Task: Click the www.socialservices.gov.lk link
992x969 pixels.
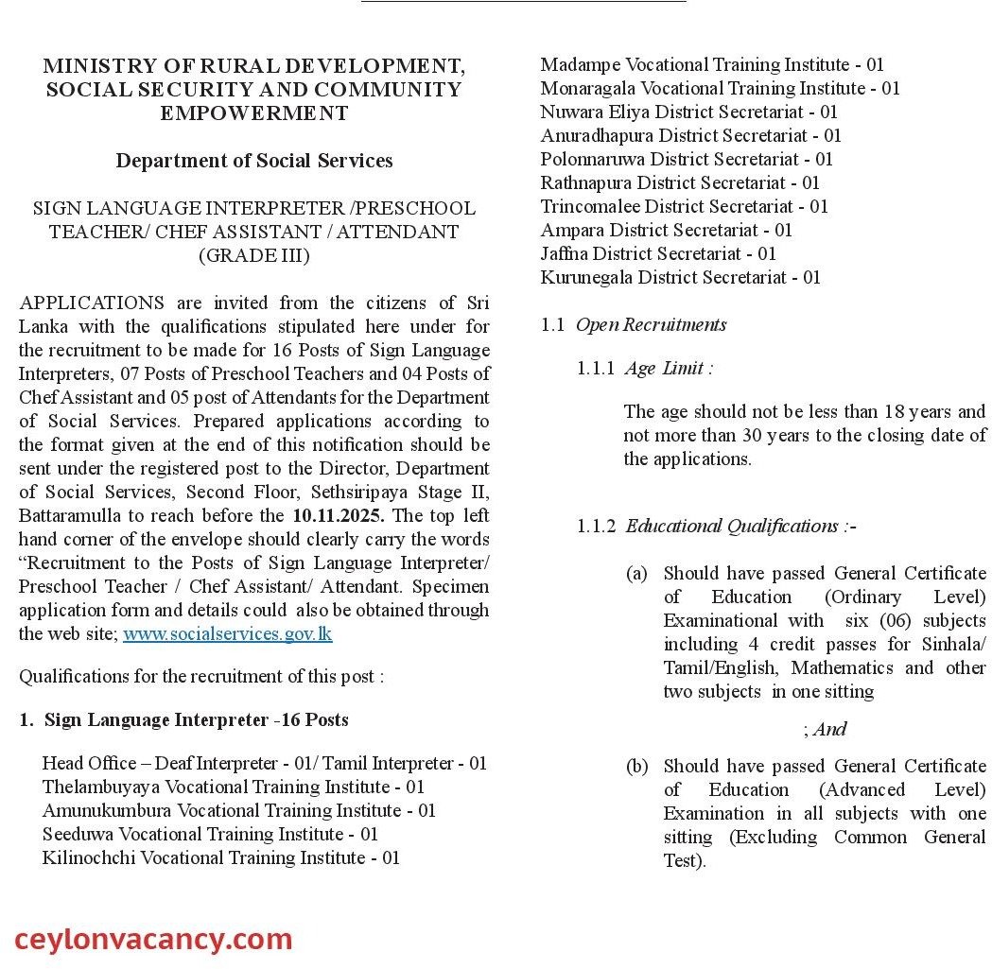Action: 227,633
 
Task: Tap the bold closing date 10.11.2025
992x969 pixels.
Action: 338,515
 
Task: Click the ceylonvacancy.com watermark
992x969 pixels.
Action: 153,939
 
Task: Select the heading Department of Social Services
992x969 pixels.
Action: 253,161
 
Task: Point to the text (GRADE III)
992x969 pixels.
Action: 253,255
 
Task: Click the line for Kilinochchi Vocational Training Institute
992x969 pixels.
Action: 220,857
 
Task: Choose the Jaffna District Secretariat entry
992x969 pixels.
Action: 658,253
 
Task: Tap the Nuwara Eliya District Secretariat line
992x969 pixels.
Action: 689,112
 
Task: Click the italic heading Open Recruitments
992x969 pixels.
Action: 651,324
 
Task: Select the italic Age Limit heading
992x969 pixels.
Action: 668,368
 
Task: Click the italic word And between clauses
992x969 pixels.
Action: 828,729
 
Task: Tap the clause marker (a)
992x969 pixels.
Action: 636,573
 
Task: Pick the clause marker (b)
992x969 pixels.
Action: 636,766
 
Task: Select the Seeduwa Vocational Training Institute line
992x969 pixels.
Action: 210,834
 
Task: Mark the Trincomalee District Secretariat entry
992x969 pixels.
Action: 684,206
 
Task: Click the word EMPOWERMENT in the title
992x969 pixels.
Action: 253,113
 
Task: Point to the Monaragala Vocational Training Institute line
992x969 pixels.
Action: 720,88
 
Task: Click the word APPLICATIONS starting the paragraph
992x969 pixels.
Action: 92,303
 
